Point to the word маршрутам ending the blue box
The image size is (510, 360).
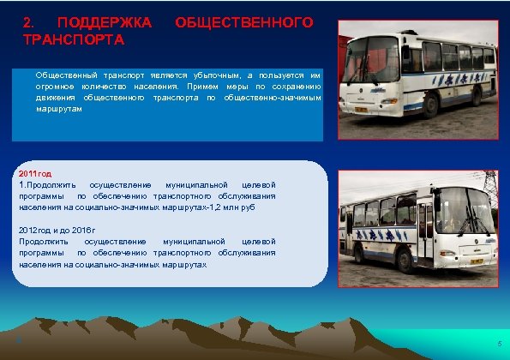pyautogui.click(x=59, y=109)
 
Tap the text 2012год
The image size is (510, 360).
pyautogui.click(x=37, y=231)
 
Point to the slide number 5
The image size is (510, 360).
pyautogui.click(x=499, y=345)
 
